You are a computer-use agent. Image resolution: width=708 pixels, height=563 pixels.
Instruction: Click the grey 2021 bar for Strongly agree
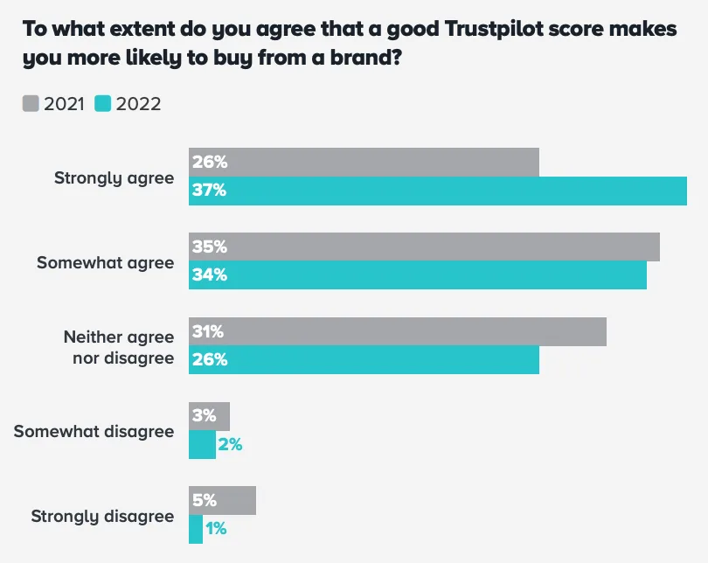364,162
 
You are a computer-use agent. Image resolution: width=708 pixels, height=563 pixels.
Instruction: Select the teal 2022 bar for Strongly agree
437,191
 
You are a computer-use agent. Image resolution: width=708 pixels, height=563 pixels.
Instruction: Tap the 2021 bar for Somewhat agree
424,247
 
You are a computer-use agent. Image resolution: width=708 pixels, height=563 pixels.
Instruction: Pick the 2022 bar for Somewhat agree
418,275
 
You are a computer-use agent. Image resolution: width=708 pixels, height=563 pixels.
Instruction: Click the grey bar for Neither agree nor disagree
398,331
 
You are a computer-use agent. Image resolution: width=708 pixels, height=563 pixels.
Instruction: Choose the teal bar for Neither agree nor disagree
364,359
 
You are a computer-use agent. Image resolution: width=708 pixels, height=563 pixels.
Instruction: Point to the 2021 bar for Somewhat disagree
210,416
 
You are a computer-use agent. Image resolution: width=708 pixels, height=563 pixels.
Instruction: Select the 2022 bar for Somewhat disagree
202,444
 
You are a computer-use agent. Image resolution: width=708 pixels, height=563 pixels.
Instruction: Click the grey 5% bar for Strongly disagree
223,501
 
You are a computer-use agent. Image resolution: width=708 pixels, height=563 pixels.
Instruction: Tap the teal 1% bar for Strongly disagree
196,529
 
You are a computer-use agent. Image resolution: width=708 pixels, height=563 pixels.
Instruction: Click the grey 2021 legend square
30,104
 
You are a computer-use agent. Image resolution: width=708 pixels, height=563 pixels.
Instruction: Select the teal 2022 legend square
102,104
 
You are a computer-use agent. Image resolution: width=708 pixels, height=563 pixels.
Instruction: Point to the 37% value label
210,191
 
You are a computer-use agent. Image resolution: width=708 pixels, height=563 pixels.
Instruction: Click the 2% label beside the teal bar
230,444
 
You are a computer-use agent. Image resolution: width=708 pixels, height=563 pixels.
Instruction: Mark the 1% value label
215,529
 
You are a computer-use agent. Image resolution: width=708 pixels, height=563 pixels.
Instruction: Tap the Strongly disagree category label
102,516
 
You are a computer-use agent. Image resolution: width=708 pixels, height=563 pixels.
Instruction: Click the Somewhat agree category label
105,262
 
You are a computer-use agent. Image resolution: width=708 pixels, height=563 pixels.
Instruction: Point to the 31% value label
209,331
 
